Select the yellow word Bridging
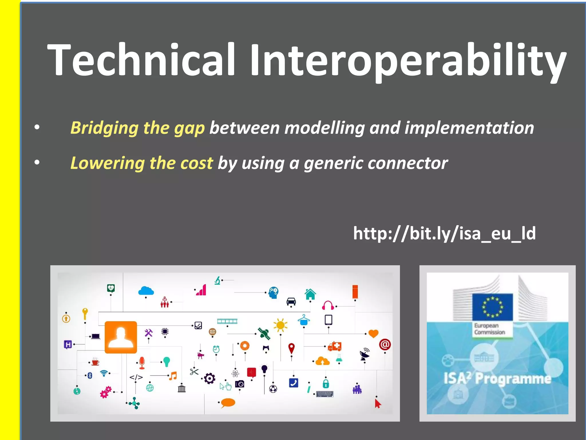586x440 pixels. [104, 128]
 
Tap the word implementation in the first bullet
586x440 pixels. [469, 128]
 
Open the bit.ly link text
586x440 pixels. [444, 233]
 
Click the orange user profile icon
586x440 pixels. [121, 337]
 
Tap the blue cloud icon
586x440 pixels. [146, 291]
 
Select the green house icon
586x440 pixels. [310, 294]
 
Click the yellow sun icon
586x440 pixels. [280, 325]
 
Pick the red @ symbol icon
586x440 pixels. [385, 344]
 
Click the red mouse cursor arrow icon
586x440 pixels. [378, 404]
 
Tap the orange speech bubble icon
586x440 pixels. [228, 403]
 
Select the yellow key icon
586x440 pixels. [85, 313]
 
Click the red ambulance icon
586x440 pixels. [334, 346]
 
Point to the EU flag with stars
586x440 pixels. [492, 307]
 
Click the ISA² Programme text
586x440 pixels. [497, 379]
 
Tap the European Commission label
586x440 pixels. [490, 329]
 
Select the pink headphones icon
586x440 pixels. [328, 305]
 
